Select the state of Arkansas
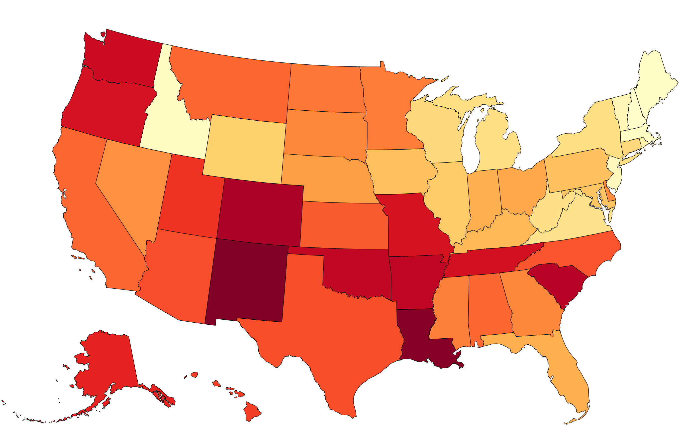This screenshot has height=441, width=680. click(x=414, y=280)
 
